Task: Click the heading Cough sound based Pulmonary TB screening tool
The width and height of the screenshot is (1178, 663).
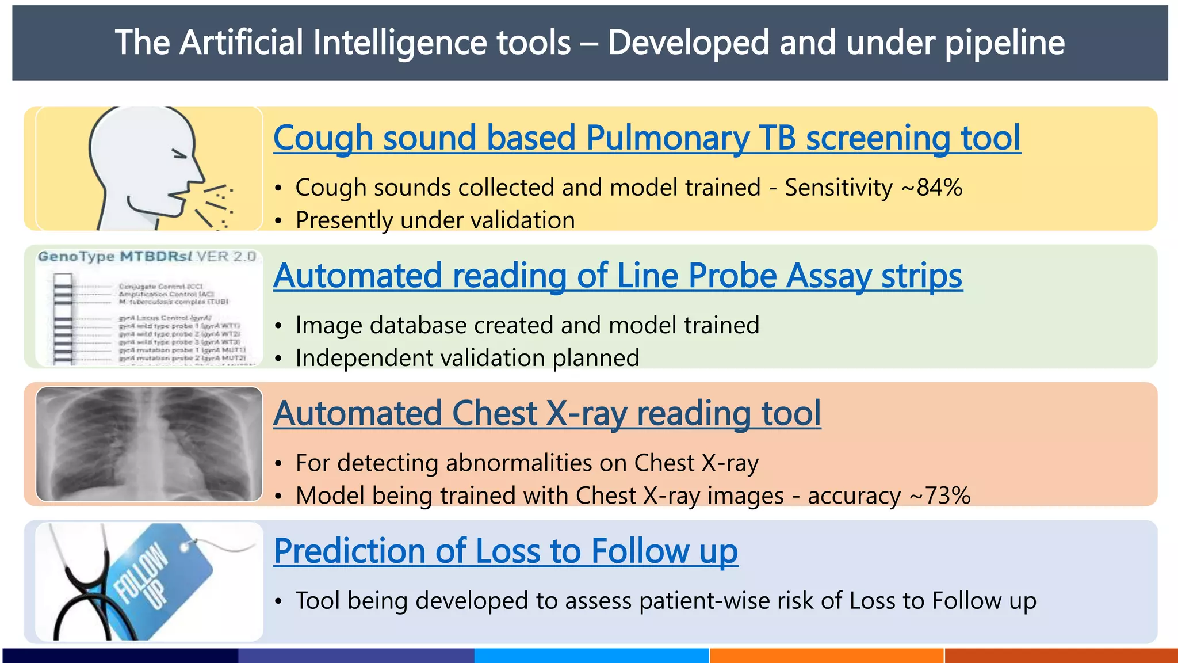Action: point(647,138)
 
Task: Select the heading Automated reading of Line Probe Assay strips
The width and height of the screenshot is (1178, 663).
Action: point(617,276)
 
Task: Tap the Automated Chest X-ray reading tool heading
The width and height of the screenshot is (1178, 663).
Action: point(546,413)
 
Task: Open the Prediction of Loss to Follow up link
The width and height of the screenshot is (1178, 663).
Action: point(505,551)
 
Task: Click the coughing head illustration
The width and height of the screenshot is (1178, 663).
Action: point(150,168)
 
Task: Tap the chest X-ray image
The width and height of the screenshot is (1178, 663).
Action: point(149,444)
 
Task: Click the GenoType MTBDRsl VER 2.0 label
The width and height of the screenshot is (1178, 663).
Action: point(147,256)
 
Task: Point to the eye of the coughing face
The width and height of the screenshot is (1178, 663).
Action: point(180,154)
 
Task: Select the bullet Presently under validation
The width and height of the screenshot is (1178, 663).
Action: point(435,220)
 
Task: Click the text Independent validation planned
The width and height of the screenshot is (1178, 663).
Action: point(467,358)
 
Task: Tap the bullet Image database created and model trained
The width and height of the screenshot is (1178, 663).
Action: point(527,325)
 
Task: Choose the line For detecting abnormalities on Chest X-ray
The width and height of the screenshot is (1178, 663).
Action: point(527,463)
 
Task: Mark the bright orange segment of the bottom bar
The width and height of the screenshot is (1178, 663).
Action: point(827,656)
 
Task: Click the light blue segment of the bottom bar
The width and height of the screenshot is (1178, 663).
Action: point(591,656)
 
